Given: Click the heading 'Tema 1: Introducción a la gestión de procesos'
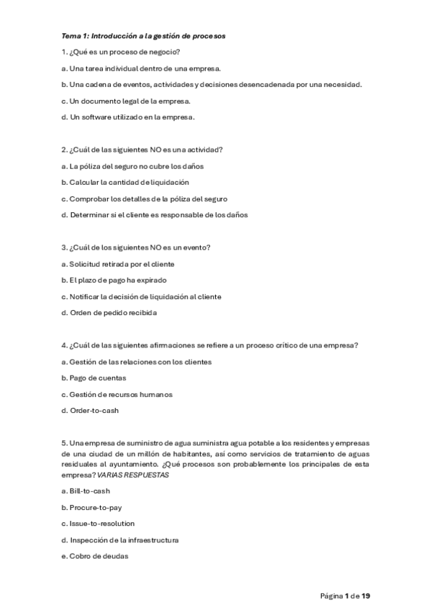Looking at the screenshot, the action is pos(144,35).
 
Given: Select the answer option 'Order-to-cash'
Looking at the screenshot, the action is pos(94,411).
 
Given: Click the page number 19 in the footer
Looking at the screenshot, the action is pos(366,596).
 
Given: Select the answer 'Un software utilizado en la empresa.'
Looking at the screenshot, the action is pos(127,117).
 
